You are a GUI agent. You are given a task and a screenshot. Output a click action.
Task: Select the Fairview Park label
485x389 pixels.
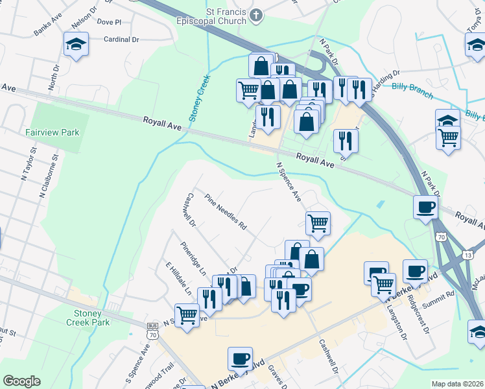[52, 132]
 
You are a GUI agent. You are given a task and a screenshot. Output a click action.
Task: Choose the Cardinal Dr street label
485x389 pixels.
[121, 40]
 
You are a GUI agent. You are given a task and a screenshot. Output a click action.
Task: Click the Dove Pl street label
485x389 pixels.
[109, 22]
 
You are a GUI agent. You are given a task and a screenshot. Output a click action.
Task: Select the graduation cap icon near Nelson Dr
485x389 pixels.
[76, 45]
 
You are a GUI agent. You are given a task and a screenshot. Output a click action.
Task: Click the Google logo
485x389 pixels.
[21, 381]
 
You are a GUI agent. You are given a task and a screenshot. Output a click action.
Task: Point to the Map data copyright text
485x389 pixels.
[457, 384]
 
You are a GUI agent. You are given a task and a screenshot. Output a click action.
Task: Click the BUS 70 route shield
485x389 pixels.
[152, 331]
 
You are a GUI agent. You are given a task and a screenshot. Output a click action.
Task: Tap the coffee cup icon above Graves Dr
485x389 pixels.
[240, 358]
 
